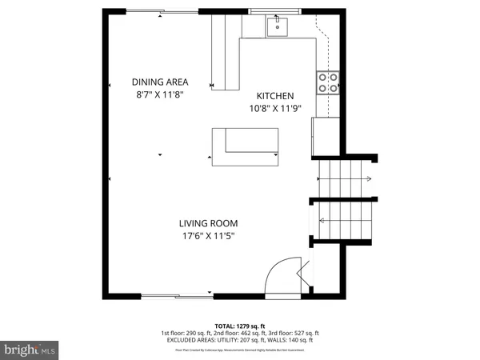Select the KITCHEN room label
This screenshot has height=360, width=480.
click(275, 94)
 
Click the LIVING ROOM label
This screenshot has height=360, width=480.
click(207, 223)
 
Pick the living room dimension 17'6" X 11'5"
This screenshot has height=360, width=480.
click(207, 235)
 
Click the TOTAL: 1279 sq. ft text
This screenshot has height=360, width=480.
click(240, 326)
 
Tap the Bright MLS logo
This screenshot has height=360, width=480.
click(30, 350)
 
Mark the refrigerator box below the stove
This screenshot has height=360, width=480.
click(327, 131)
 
